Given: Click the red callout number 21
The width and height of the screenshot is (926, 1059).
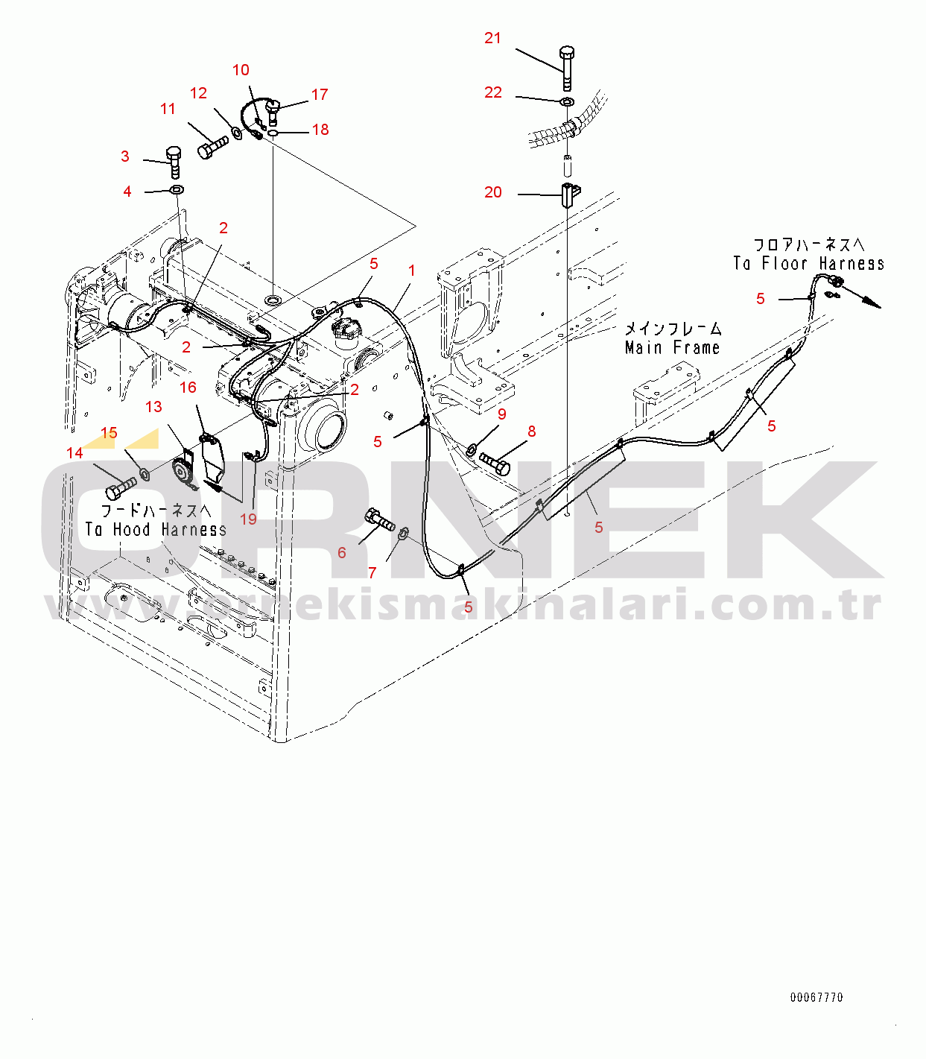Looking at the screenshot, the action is click(492, 38).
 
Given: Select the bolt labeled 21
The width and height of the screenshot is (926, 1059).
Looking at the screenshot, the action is click(567, 69).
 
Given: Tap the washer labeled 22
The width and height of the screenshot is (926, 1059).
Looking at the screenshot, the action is click(567, 100).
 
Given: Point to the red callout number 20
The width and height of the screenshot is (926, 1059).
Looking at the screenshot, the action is click(493, 192).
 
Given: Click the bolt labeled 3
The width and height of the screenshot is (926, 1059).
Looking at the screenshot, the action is click(174, 162).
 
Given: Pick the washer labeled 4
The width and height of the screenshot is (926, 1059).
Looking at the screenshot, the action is click(177, 190).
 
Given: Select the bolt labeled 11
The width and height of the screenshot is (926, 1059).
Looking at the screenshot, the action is click(213, 147).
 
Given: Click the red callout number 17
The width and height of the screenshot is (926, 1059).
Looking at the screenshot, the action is click(320, 94).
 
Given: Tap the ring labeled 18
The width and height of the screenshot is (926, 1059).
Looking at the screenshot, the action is click(273, 134).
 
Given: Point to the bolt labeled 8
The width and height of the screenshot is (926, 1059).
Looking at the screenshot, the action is click(495, 464).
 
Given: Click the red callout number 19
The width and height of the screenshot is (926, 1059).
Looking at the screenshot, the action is click(248, 519).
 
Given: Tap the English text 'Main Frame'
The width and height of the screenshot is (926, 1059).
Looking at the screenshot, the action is click(672, 347).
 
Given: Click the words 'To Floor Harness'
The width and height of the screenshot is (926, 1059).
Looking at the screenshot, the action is click(808, 264).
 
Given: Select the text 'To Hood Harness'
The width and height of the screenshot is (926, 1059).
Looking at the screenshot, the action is click(156, 529).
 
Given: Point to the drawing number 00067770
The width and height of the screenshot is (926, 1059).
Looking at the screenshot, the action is click(816, 997).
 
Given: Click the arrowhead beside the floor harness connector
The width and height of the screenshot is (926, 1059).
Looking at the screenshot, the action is click(875, 305).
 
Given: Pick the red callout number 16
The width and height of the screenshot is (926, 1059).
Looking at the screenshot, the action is click(188, 388).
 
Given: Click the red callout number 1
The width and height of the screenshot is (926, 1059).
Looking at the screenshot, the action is click(412, 271).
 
